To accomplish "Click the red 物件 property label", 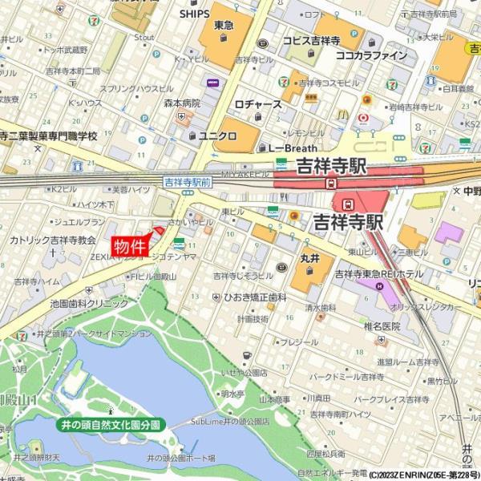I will pos(130,247).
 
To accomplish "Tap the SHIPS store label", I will pos(194,14).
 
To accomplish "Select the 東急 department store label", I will pos(224,26).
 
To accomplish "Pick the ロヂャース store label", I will pos(258,104).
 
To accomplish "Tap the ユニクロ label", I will pos(217,135).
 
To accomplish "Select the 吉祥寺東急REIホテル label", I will pos(379,273).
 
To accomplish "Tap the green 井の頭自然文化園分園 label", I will pos(111,424).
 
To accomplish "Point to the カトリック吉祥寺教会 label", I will pos(53,240).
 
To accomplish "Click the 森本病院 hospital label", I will pos(182,103).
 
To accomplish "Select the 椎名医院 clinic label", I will pos(382,325).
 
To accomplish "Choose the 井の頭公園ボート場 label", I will pos(180,457).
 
